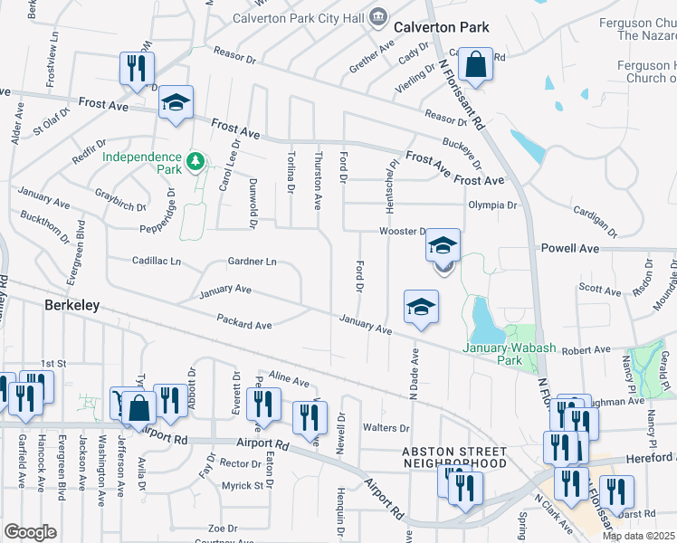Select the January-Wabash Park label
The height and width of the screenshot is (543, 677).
click(492, 353)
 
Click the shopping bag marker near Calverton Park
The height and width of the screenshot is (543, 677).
click(475, 66)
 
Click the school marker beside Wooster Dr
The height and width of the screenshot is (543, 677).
click(443, 247)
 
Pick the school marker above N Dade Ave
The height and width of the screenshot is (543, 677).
click(421, 309)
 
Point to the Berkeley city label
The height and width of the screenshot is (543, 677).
click(72, 306)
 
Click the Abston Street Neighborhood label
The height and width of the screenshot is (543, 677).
click(454, 457)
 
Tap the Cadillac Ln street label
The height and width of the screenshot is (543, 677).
click(157, 261)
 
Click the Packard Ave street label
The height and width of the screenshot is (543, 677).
click(243, 321)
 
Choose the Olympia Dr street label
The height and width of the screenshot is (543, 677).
click(491, 205)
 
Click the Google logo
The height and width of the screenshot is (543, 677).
click(31, 532)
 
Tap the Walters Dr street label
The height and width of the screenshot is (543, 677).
click(379, 427)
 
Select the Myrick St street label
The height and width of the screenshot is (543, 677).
click(243, 486)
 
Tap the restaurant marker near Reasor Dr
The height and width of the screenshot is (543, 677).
click(137, 70)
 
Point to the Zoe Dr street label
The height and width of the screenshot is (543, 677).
click(222, 528)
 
